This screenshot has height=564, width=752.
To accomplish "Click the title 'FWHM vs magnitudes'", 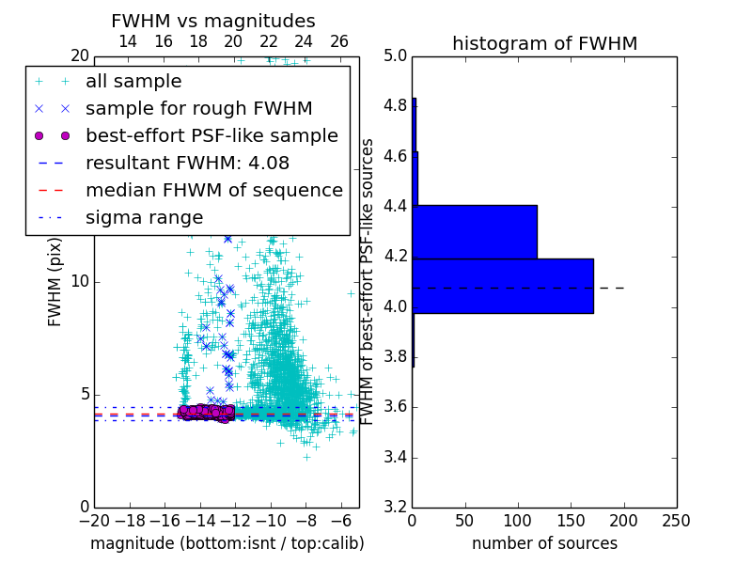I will [212, 21].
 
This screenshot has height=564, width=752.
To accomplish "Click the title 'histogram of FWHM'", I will [544, 43].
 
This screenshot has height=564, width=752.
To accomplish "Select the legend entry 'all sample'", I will [133, 82].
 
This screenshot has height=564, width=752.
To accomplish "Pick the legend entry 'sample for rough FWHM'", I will [198, 108].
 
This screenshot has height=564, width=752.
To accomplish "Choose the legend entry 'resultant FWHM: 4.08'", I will [198, 163].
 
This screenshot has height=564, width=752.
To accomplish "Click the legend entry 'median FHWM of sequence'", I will [213, 190].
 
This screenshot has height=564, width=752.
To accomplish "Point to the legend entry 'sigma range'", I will [144, 217].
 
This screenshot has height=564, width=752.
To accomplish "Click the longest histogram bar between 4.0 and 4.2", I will [503, 286].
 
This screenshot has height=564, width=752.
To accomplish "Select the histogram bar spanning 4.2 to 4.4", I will [475, 231].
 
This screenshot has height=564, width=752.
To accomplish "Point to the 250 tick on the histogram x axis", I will [676, 521].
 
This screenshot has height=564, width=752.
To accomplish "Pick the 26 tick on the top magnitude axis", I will [339, 41].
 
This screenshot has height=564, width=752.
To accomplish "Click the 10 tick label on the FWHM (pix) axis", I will [79, 282].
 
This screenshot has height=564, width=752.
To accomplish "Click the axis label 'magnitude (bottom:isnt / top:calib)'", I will [227, 543].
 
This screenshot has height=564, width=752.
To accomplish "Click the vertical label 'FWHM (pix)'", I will [55, 282].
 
